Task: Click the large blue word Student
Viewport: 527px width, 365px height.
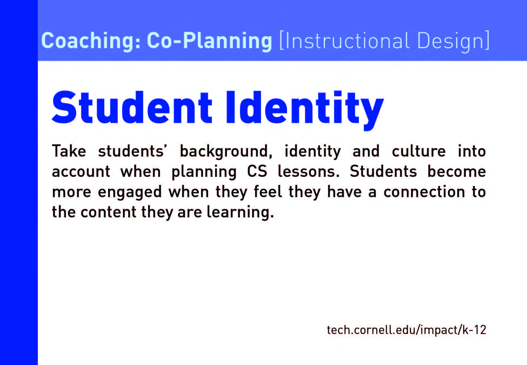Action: [132, 108]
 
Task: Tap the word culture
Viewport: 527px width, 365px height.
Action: [419, 151]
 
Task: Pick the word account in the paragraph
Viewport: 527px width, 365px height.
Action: [81, 172]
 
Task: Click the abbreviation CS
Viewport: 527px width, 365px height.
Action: [257, 171]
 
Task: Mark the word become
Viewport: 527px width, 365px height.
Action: [456, 171]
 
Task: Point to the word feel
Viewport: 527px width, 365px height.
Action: [268, 191]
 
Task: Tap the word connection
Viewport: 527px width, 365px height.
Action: [424, 192]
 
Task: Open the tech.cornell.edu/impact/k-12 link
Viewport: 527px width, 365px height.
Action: [406, 330]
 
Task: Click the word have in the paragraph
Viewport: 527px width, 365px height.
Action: [344, 191]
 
